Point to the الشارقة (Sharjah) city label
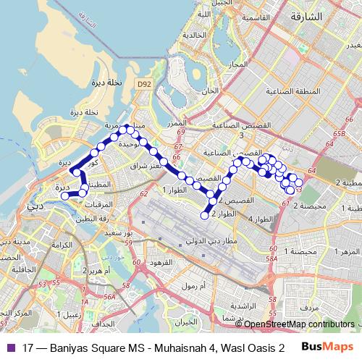coord(304,15)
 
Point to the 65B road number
coord(340,134)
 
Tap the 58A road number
coord(272,258)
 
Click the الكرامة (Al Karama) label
coord(62,245)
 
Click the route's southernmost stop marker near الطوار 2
coord(205,215)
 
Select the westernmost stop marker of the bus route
coord(64,195)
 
